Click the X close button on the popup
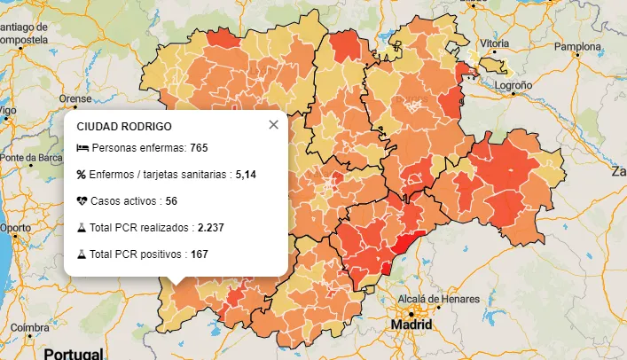tap(273, 125)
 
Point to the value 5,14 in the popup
tap(246, 175)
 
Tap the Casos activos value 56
tap(171, 201)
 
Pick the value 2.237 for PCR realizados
tap(210, 228)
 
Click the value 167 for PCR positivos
tap(199, 254)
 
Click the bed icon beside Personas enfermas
tap(82, 147)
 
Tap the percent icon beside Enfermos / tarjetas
tap(82, 175)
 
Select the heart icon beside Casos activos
tap(82, 201)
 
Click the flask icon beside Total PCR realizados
tap(82, 228)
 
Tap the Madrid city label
tap(411, 325)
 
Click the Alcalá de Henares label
tap(432, 299)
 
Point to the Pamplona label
tap(577, 46)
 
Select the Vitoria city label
tap(494, 43)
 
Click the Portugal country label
tap(74, 354)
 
